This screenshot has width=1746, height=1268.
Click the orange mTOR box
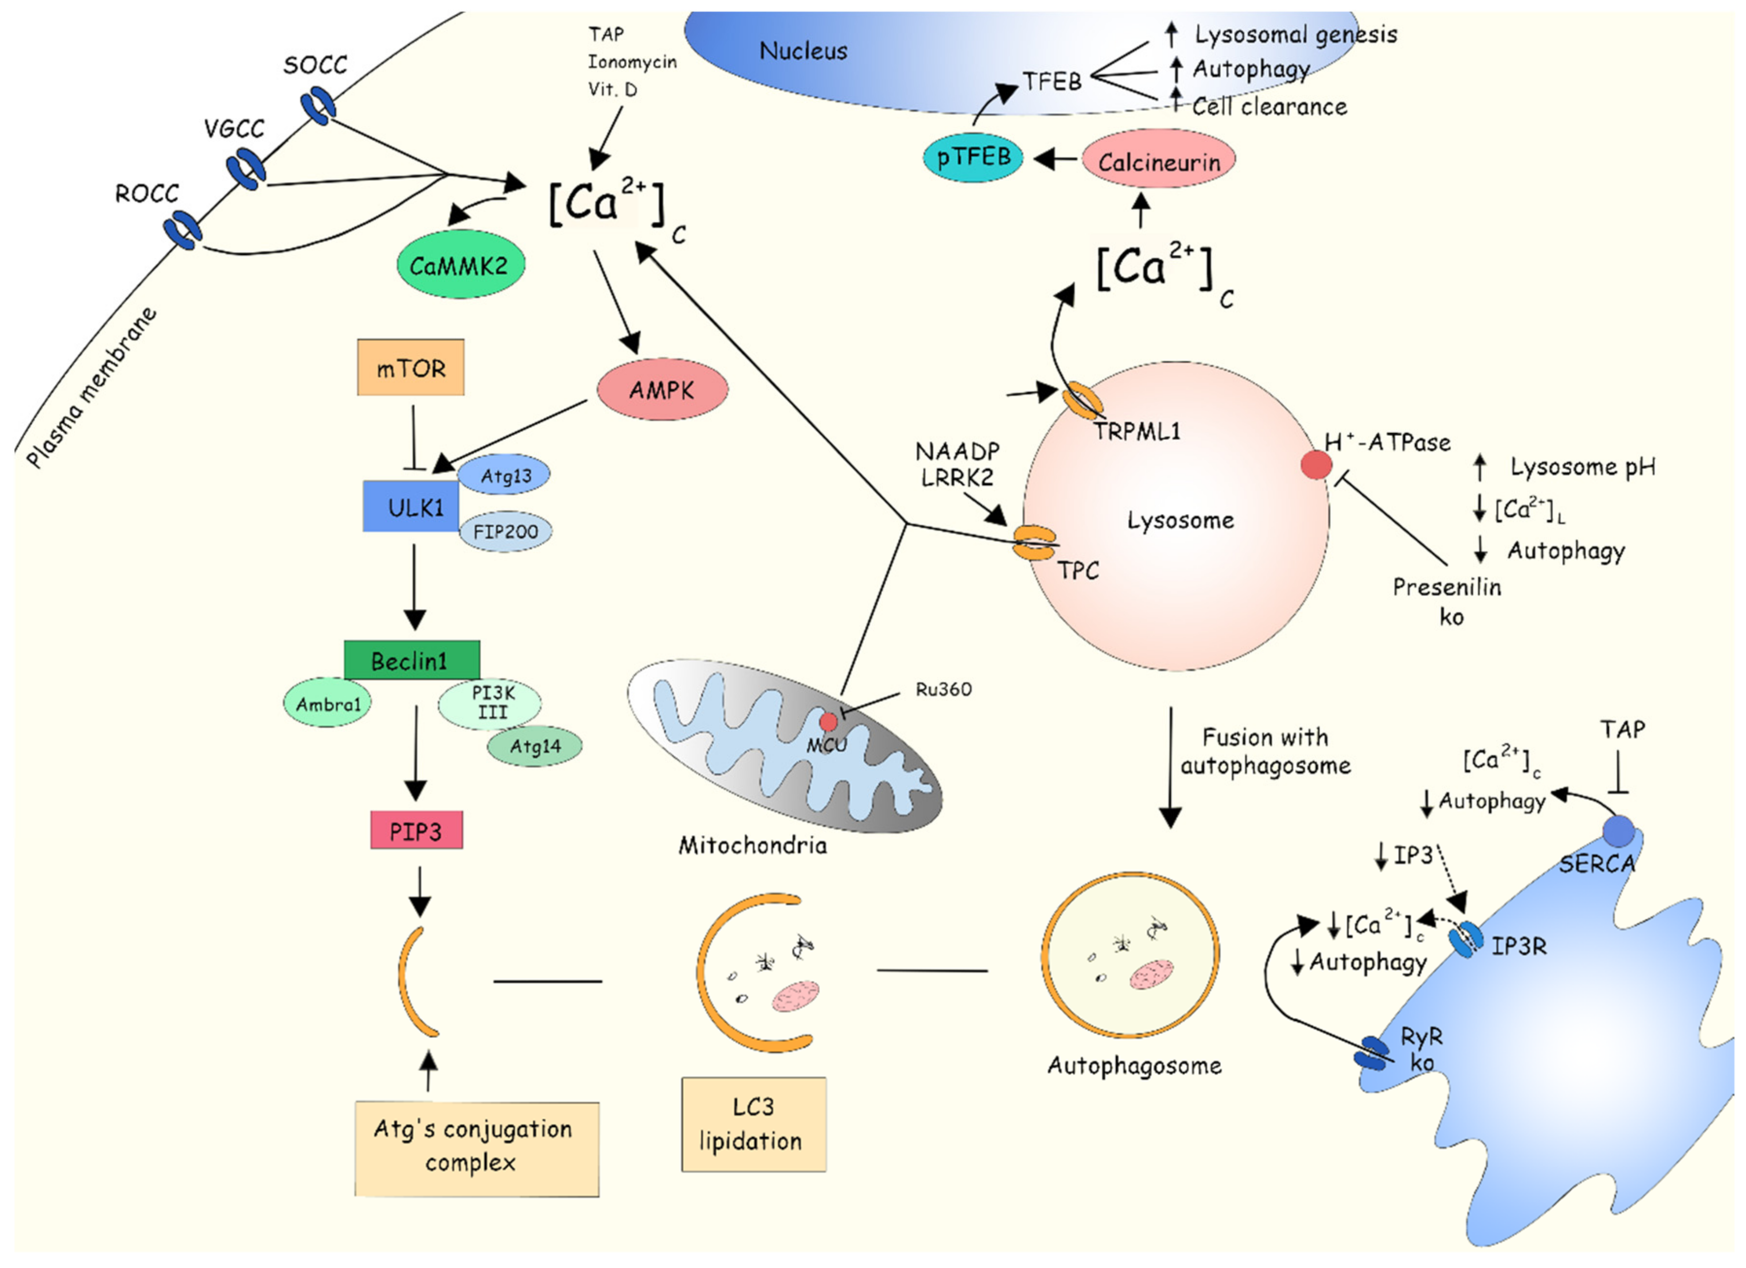(410, 367)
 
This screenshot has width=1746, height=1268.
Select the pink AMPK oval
(662, 390)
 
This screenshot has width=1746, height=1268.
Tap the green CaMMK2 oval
(460, 265)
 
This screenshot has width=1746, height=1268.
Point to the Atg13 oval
(504, 475)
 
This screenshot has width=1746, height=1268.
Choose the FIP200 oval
(506, 531)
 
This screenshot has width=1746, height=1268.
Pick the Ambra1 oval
(328, 703)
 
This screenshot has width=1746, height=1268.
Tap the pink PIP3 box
(417, 831)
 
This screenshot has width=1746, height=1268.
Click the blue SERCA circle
(1618, 832)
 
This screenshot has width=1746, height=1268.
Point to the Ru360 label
(943, 689)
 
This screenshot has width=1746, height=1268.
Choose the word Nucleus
(803, 51)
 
